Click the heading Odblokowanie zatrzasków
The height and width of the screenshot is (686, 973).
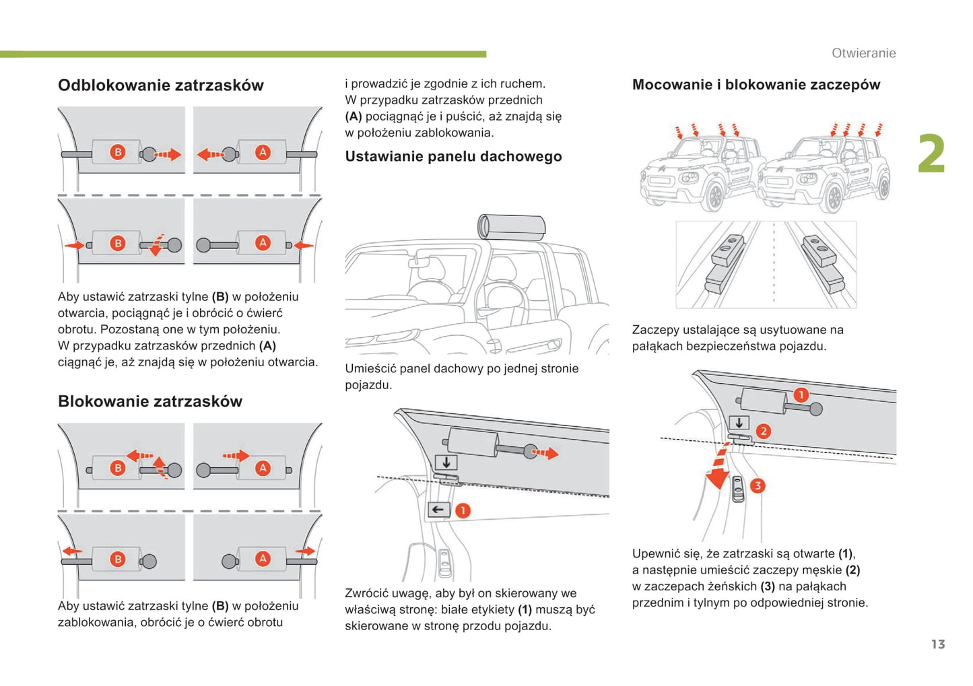pos(160,85)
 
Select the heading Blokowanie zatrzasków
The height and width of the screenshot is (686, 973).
pos(149,402)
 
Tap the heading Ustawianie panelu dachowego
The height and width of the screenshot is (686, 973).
pos(453,157)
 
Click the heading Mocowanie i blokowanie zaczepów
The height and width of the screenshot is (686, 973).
pos(756,85)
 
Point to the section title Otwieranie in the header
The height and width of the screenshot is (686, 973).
pos(863,53)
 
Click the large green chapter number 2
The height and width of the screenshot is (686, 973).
pos(931,154)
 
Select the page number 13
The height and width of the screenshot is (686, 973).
pos(937,644)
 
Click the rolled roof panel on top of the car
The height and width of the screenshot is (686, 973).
pos(511,227)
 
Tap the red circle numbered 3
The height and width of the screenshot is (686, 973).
pos(758,485)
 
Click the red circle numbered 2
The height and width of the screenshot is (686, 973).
pos(763,431)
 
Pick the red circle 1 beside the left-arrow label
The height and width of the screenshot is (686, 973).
pos(463,510)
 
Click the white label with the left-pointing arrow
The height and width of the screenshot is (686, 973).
pos(438,510)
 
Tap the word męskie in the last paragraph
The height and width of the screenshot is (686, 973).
pos(821,570)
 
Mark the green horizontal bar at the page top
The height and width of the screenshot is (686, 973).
pos(242,54)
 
